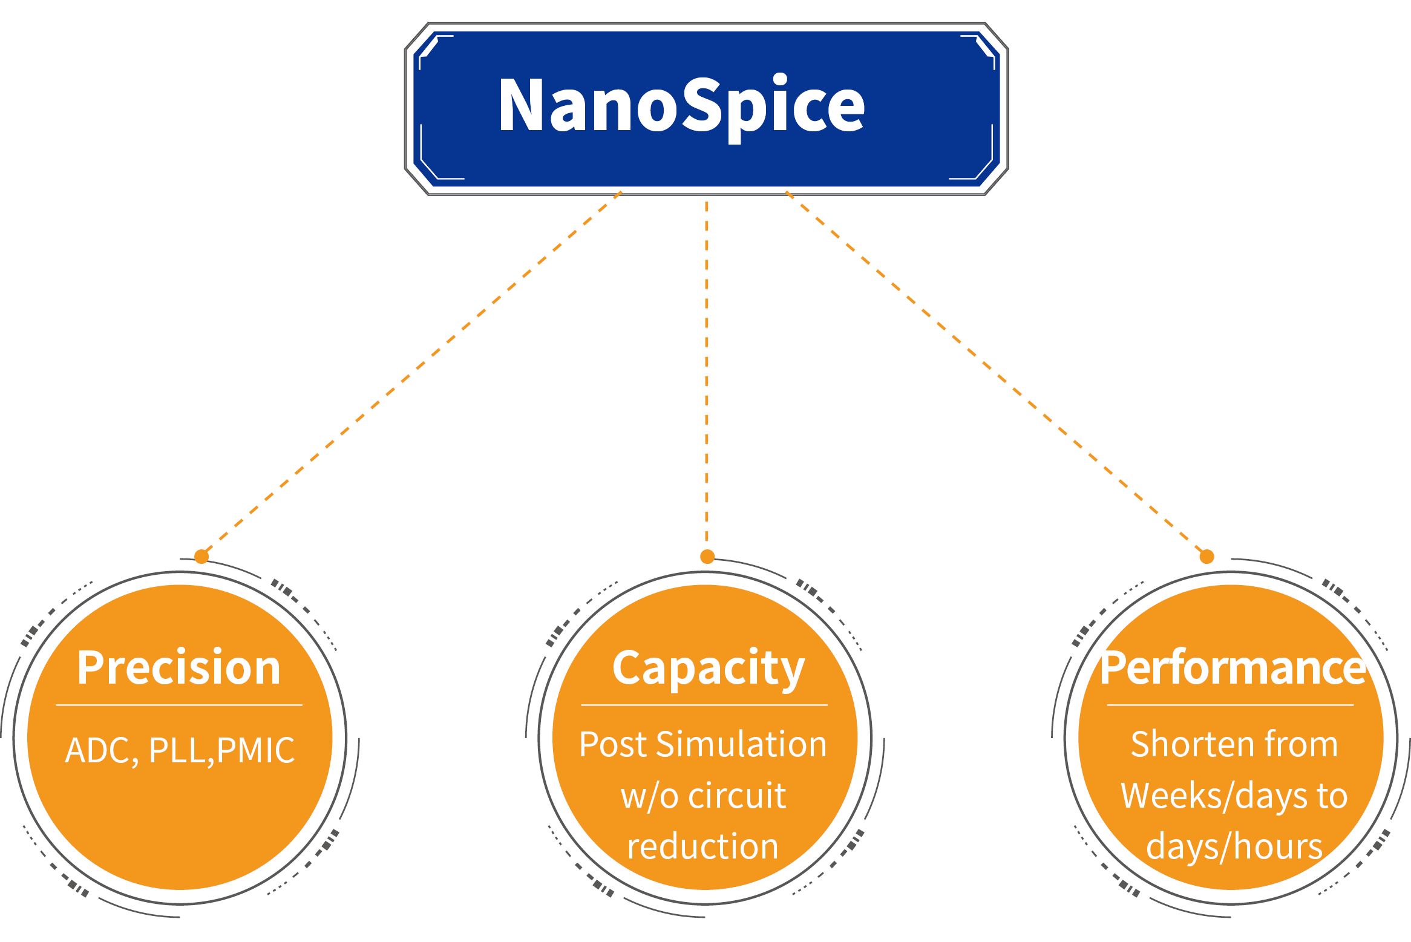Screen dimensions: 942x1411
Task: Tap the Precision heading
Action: (x=179, y=668)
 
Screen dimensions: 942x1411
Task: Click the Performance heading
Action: (x=1233, y=668)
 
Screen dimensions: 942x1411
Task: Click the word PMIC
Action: (x=255, y=750)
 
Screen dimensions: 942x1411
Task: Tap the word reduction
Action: (x=702, y=846)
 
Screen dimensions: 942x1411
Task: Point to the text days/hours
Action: (x=1234, y=846)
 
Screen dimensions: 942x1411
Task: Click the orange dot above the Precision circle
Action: (x=201, y=557)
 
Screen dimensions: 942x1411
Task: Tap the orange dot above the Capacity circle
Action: (x=707, y=557)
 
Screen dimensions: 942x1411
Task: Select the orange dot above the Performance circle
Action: (x=1207, y=557)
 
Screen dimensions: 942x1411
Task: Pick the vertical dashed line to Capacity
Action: (x=707, y=375)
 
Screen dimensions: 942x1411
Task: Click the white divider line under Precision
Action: (x=179, y=705)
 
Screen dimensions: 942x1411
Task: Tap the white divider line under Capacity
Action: (x=704, y=705)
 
